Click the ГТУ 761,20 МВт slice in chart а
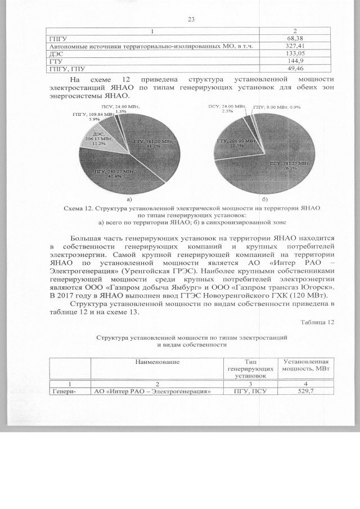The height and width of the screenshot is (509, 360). (x=149, y=141)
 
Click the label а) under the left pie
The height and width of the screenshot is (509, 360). (x=129, y=199)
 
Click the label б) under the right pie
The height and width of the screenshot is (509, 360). (x=264, y=199)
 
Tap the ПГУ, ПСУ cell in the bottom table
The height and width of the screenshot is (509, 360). (x=248, y=391)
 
